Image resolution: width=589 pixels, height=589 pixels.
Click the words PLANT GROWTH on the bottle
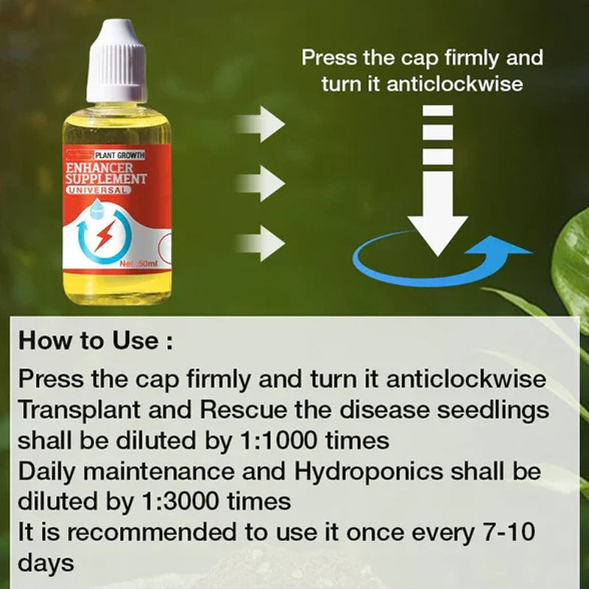click(x=121, y=155)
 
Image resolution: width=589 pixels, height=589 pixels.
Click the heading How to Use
click(x=96, y=341)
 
